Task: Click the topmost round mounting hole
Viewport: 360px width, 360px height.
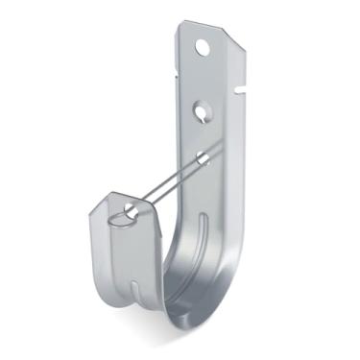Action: pos(202,46)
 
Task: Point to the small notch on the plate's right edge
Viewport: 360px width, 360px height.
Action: pos(240,93)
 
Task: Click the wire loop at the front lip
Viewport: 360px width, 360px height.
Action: pos(122,219)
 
